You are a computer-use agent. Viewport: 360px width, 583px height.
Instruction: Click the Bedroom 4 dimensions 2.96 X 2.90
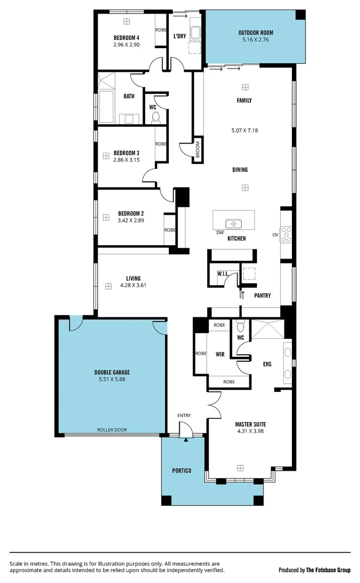(x=126, y=45)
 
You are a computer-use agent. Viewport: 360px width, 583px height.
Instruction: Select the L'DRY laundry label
(x=180, y=37)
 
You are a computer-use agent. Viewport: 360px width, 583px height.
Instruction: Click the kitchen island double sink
(x=234, y=223)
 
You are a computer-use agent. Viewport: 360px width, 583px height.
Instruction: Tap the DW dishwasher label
(x=219, y=233)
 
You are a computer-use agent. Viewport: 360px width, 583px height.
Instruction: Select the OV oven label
(x=275, y=235)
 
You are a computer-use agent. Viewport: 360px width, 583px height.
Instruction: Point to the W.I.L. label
(x=222, y=273)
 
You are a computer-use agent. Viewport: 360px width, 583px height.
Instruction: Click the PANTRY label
(x=262, y=295)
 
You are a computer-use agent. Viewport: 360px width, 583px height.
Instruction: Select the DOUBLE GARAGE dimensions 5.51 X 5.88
(x=112, y=379)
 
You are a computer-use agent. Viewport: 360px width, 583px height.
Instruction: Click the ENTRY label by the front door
(x=184, y=415)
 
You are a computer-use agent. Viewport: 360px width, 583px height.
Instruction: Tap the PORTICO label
(x=182, y=471)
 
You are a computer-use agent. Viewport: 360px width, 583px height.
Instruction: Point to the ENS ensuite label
(x=267, y=364)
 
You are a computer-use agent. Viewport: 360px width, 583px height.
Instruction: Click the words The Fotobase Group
(x=328, y=570)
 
